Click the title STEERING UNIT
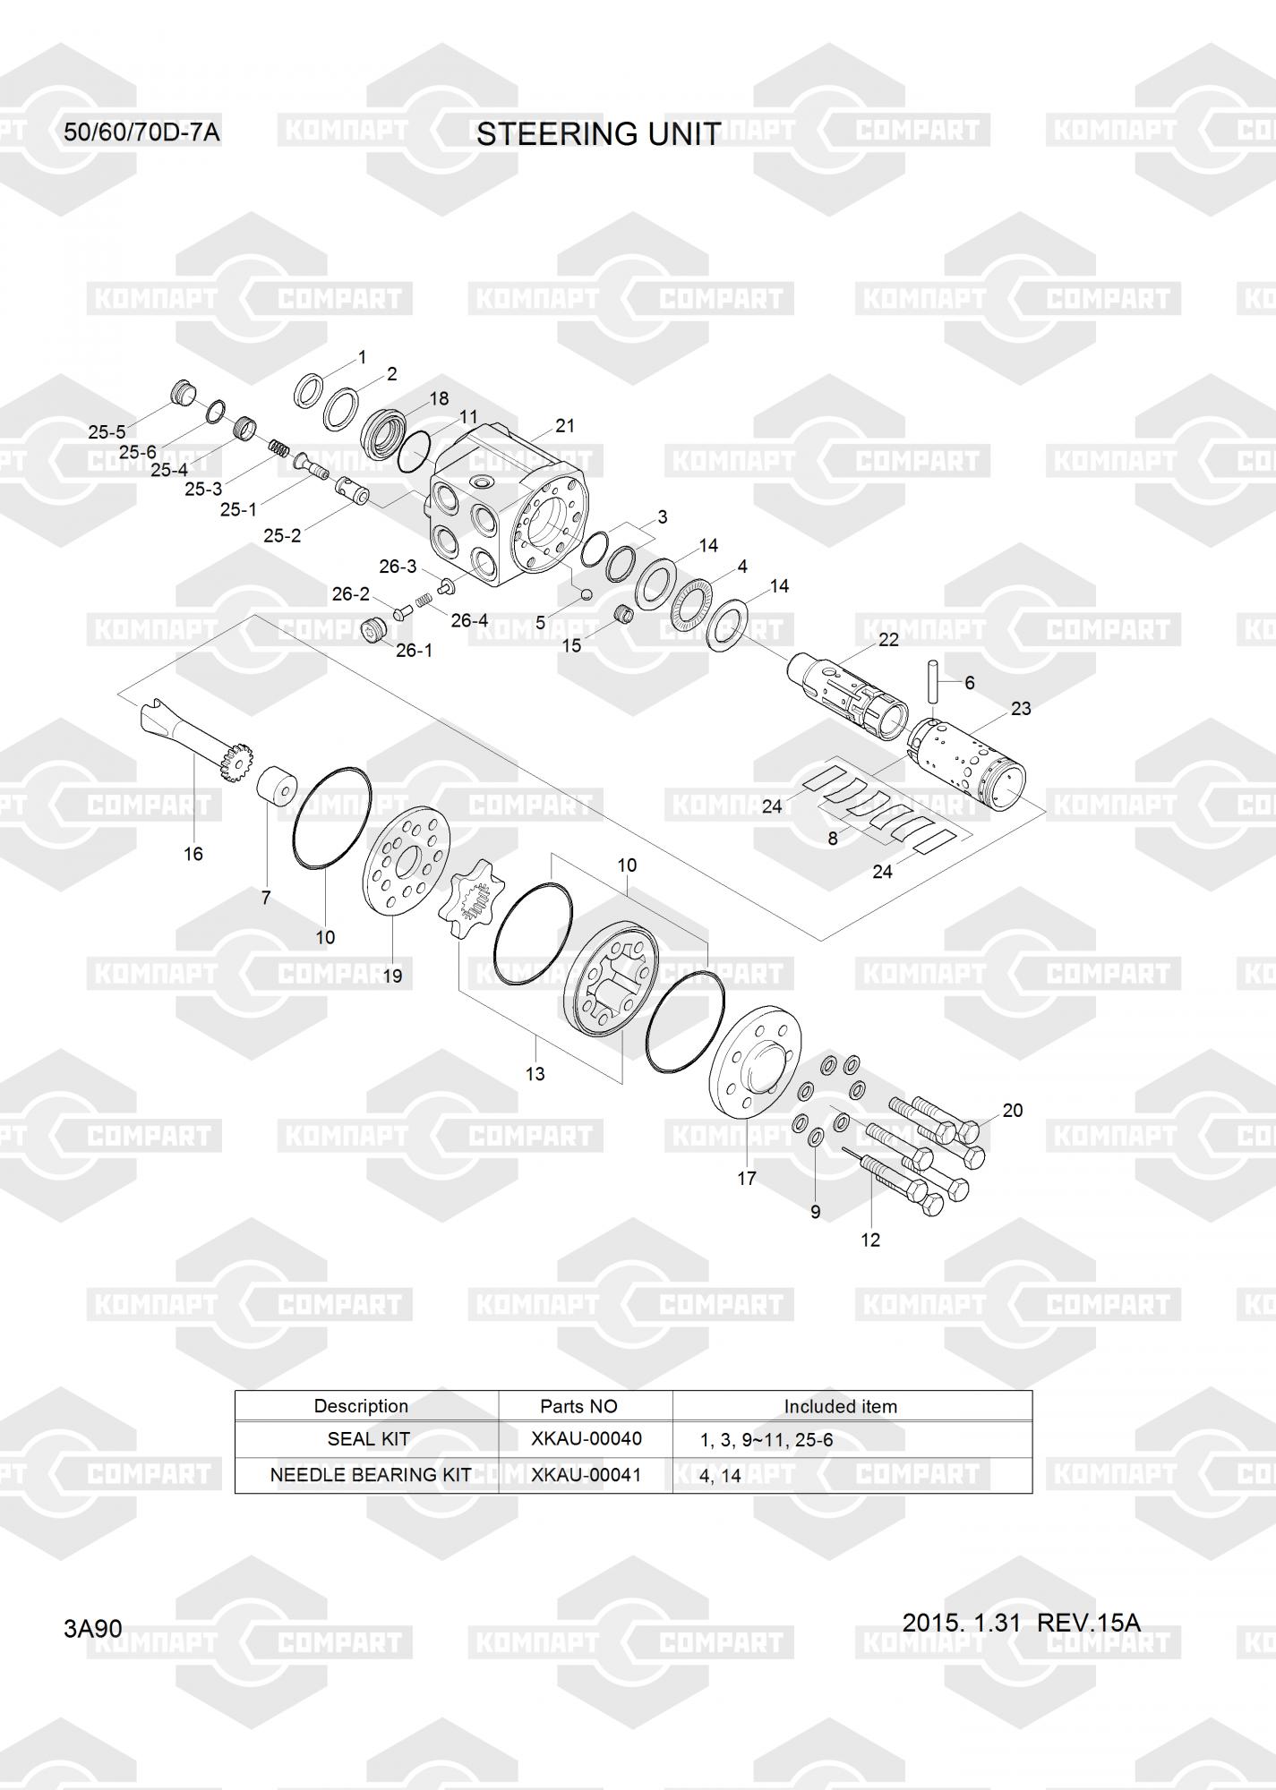tap(597, 134)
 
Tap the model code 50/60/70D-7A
tap(141, 133)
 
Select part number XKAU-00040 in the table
tap(586, 1438)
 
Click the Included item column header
tap(840, 1406)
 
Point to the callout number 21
tap(564, 426)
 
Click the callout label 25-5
tap(107, 432)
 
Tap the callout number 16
tap(193, 854)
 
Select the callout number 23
tap(1021, 708)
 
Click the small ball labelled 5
tap(587, 592)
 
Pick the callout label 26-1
tap(414, 651)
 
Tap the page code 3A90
tap(92, 1628)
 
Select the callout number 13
tap(535, 1073)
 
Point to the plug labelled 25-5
tap(183, 393)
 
